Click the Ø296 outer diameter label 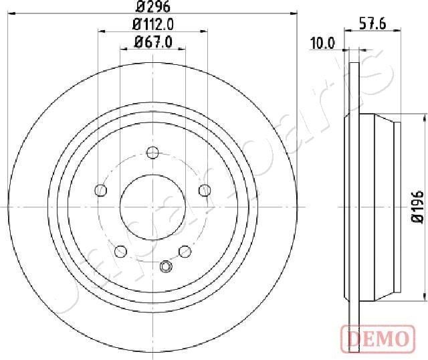coord(152,7)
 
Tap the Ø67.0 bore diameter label coord(152,42)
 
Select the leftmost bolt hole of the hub coord(102,190)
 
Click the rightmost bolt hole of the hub coord(204,190)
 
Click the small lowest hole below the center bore coord(166,266)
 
